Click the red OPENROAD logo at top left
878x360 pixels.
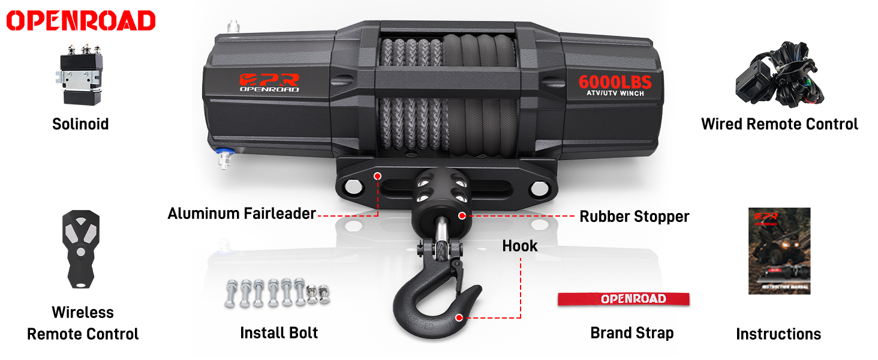[x=81, y=20]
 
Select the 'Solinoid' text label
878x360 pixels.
[x=80, y=124]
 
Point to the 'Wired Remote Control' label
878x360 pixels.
[x=780, y=124]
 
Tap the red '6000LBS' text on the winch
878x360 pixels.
[x=615, y=82]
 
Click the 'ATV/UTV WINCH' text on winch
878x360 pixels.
[x=615, y=93]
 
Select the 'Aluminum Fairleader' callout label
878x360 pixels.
[x=242, y=214]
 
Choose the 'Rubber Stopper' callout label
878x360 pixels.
[x=635, y=217]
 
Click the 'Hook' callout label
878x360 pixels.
[x=520, y=246]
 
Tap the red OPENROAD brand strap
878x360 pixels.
[x=624, y=299]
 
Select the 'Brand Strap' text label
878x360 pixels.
[x=632, y=333]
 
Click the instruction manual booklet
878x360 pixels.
[x=779, y=251]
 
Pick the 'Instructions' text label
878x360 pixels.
[x=778, y=334]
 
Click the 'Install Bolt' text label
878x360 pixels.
[x=279, y=333]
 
